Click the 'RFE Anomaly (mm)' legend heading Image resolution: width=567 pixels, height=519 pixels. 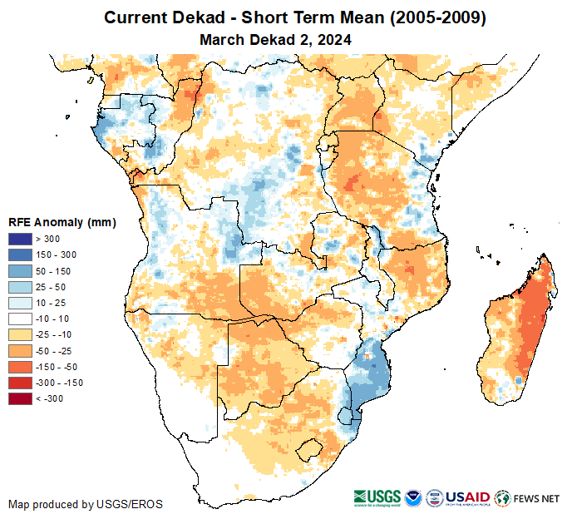coord(62,223)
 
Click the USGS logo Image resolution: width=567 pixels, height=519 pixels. coord(379,498)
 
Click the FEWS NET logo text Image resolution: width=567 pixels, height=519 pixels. coord(537,499)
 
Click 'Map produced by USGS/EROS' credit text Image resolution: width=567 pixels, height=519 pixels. coord(86,504)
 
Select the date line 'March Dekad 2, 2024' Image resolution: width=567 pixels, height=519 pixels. coord(275,39)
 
